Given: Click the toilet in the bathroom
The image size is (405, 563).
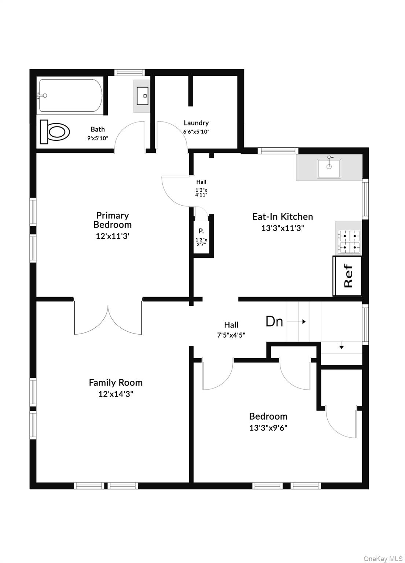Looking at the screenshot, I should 55,132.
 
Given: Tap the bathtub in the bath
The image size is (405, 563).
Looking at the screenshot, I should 70,96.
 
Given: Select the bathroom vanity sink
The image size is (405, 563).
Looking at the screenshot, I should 142,96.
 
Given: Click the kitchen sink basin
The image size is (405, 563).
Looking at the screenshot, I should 329,168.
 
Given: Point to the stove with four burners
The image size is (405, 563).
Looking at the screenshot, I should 349,242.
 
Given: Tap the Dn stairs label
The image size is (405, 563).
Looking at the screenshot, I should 274,321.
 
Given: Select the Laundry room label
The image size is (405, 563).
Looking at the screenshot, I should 196,123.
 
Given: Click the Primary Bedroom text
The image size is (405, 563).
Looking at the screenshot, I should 113,220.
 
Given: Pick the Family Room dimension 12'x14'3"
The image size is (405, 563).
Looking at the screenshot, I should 115,394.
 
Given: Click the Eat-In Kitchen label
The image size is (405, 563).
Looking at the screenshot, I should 283,216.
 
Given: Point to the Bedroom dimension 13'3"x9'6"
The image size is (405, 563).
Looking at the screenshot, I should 268,428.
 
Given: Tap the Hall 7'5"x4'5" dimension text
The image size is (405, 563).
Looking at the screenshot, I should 231,335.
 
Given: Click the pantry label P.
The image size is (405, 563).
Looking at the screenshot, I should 201,231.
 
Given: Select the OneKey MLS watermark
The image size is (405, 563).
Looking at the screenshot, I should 383,559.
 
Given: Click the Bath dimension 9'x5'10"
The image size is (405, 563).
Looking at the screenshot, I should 97,138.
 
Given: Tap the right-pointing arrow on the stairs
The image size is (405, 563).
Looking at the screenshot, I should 304,322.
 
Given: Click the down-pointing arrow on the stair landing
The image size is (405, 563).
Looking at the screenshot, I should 341,347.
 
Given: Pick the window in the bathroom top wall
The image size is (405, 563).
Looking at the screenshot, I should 129,73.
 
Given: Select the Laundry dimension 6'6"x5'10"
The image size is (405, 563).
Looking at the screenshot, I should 196,132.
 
